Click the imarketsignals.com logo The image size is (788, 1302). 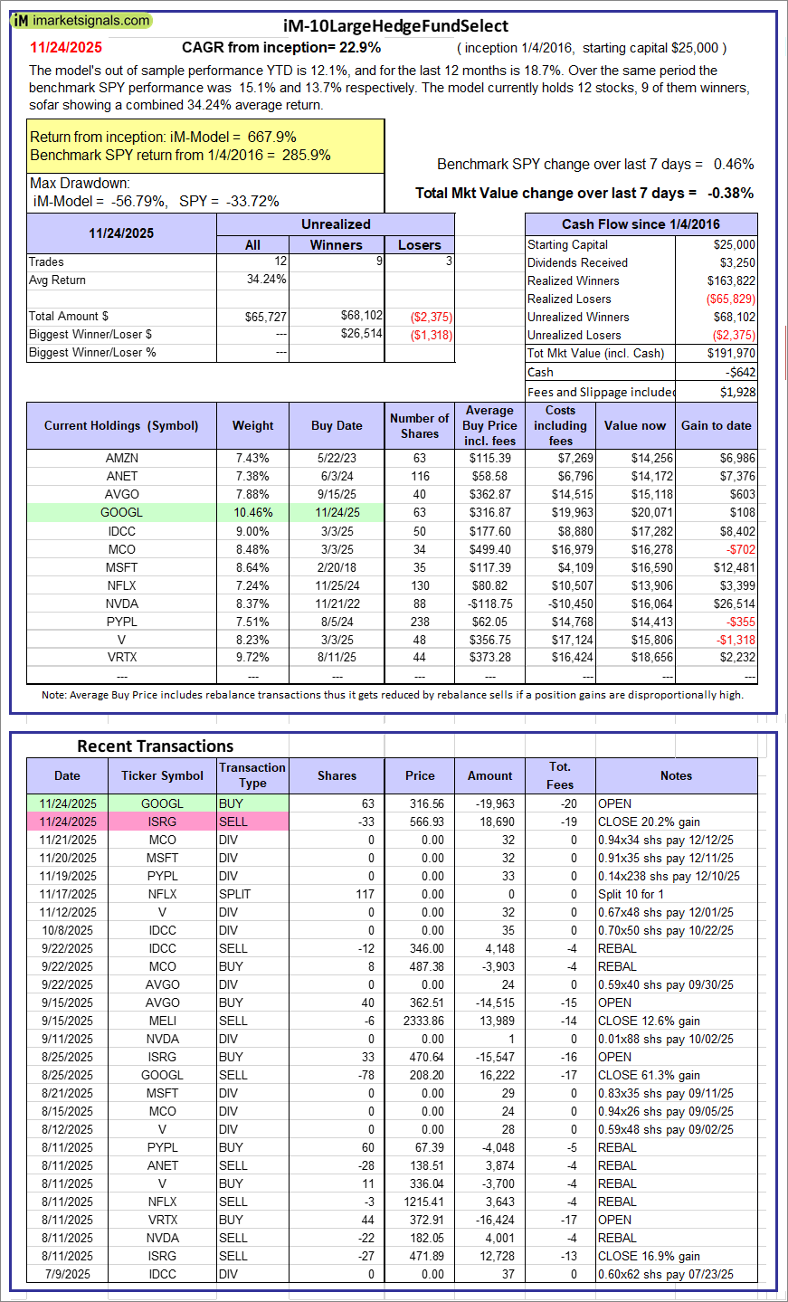point(81,20)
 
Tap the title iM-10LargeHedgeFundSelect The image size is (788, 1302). point(395,26)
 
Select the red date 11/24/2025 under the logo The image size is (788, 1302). point(66,48)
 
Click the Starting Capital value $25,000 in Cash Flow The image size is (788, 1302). point(734,244)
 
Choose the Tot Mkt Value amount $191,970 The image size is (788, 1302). point(731,353)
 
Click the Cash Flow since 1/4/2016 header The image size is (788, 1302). point(641,224)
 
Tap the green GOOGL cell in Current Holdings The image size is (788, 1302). point(122,512)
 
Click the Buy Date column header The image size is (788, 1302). point(337,425)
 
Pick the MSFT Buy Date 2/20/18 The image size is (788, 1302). point(337,567)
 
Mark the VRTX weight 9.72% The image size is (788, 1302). point(252,657)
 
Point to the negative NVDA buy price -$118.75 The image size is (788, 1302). point(489,603)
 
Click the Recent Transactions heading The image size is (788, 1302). point(156,746)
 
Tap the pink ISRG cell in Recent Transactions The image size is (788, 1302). point(162,822)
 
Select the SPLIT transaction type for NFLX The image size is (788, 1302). point(234,894)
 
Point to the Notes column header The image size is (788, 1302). point(676,775)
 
